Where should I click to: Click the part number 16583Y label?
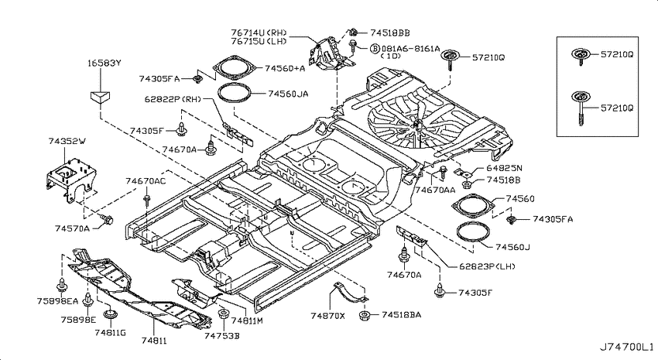click(104, 63)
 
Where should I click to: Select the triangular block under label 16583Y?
click(101, 97)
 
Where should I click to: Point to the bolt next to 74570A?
click(108, 219)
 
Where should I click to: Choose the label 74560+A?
click(285, 68)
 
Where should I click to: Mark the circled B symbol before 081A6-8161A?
click(375, 49)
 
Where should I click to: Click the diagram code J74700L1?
click(625, 347)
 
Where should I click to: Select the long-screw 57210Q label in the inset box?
click(617, 108)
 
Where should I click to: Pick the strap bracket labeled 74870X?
click(349, 293)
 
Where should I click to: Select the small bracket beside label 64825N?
click(464, 172)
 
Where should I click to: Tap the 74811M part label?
click(247, 321)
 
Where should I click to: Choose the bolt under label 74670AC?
click(146, 200)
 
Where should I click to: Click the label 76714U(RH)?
click(259, 33)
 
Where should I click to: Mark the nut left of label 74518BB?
click(353, 31)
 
